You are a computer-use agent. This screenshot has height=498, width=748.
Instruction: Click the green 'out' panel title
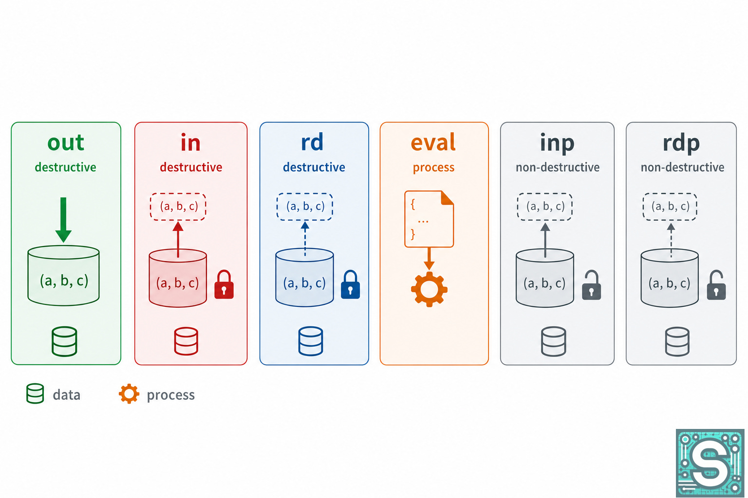[65, 143]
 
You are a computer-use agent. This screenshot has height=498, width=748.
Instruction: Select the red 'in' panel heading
[190, 142]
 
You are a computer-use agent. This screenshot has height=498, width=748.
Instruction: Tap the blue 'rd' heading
[312, 142]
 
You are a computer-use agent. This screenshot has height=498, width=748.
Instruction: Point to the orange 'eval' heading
[433, 142]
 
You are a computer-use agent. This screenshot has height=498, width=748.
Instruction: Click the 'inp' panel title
[557, 143]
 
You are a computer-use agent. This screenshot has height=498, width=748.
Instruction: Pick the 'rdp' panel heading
[681, 143]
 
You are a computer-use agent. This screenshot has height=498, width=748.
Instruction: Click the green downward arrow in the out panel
[63, 220]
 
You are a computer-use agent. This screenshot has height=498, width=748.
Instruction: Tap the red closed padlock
[224, 284]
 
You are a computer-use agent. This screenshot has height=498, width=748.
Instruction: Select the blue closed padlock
[350, 284]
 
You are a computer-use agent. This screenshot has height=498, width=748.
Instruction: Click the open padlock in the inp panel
[591, 285]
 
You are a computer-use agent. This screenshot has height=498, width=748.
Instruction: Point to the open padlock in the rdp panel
[716, 285]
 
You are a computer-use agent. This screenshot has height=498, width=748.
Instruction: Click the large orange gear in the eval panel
[429, 289]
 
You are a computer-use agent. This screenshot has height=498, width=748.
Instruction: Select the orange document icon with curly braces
[429, 219]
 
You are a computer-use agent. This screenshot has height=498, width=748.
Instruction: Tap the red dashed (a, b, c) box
[178, 207]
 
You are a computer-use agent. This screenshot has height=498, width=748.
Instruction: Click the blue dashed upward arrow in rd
[305, 239]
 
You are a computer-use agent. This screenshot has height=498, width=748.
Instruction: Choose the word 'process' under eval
[433, 167]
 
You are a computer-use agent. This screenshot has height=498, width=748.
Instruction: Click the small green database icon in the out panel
[64, 341]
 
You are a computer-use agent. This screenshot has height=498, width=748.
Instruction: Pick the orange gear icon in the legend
[129, 394]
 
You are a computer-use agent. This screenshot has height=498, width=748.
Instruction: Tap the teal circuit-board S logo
[711, 463]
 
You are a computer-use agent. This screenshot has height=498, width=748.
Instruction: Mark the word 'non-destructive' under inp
[557, 167]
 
